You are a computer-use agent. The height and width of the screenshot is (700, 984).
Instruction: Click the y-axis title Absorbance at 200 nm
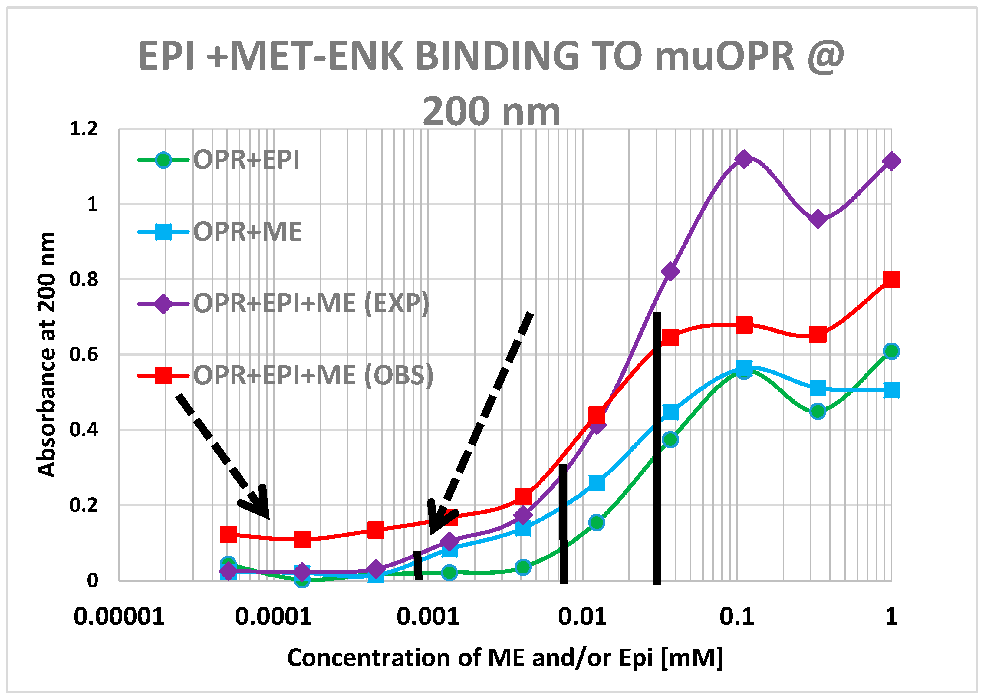coord(47,354)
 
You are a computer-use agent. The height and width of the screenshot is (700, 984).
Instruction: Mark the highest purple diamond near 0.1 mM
coord(743,159)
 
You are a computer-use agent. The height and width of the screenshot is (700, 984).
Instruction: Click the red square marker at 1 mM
coord(891,279)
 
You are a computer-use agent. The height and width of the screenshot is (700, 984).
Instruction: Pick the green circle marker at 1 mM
coord(891,351)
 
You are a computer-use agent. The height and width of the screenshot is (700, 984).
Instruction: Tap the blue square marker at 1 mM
coord(891,390)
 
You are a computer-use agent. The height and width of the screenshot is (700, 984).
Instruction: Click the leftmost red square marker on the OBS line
coord(228,534)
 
